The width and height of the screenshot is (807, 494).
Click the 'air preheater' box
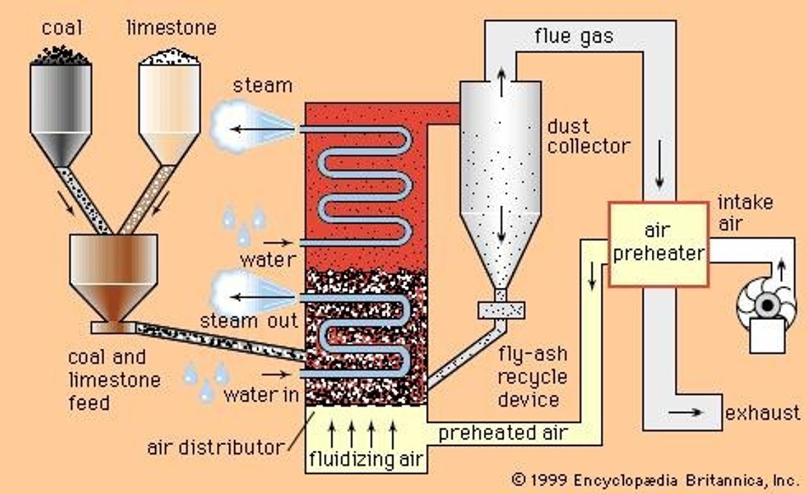(x=658, y=244)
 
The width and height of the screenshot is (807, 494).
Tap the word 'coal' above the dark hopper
(x=62, y=27)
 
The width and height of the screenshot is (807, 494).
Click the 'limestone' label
(x=171, y=27)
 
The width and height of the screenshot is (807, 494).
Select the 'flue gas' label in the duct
(x=573, y=36)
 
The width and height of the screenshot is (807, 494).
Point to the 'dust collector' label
(x=588, y=136)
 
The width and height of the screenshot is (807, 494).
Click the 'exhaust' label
(x=763, y=413)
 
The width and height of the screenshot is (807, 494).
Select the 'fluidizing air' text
(x=366, y=459)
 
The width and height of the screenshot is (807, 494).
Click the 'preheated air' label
(x=503, y=433)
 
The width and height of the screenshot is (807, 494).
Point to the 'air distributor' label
(x=216, y=447)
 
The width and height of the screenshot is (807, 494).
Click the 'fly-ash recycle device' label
(x=532, y=377)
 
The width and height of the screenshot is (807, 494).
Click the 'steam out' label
(x=249, y=321)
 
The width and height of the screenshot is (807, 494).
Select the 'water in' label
(x=261, y=395)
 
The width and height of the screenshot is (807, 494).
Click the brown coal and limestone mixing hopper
(x=113, y=275)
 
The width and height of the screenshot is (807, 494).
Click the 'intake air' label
(x=745, y=213)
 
